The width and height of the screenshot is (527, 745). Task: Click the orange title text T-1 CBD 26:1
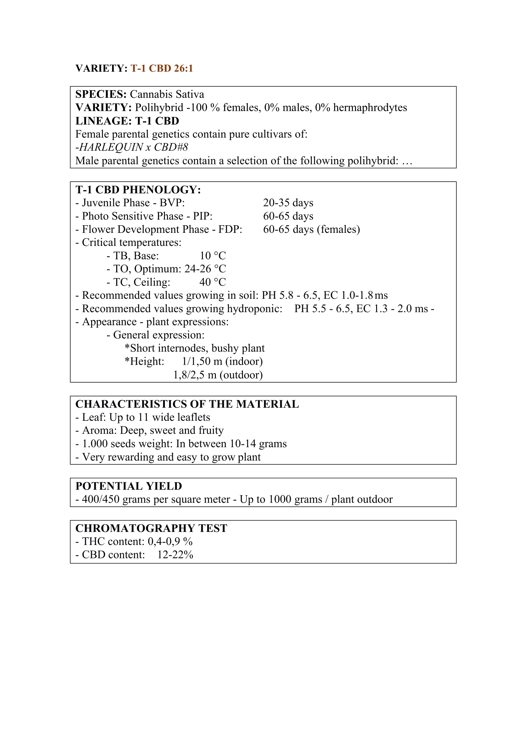coord(162,68)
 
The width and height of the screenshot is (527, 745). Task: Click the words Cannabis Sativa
coord(167,95)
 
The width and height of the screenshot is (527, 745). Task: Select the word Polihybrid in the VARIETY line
coord(159,108)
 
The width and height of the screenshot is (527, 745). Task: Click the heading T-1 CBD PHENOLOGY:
coord(138,190)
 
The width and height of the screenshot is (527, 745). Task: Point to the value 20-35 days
coord(288,203)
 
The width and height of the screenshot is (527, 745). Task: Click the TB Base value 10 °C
coord(213,256)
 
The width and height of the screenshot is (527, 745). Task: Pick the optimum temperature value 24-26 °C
coord(205,269)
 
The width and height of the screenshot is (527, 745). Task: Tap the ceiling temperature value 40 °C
coord(213,283)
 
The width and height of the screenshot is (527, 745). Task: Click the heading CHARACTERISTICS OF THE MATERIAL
coord(187,404)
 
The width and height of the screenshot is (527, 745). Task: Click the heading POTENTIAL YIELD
coord(129,486)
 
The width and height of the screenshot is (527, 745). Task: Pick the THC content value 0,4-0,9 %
coord(170,541)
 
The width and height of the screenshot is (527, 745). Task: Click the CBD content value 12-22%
coord(175,555)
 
